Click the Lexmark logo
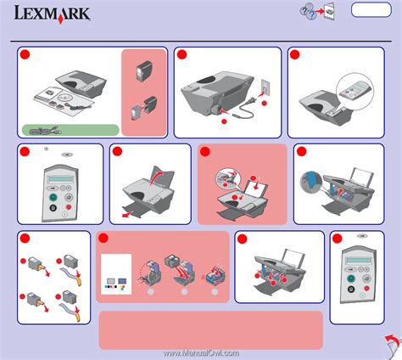point(50,14)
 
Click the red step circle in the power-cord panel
point(181,54)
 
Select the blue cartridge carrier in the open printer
point(310,180)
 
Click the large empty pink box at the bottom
point(210,329)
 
